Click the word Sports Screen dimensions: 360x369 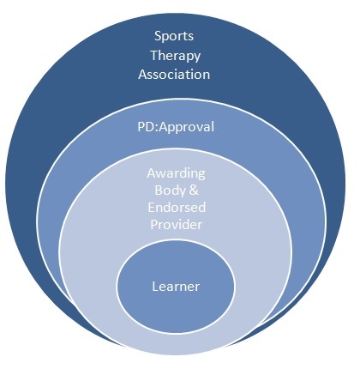[x=174, y=36]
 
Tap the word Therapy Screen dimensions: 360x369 [x=176, y=56]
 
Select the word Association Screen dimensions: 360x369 [x=174, y=75]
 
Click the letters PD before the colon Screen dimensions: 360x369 [x=145, y=127]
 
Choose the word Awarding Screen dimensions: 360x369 [x=176, y=174]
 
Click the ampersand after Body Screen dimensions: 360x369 [x=193, y=191]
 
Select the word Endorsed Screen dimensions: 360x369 [x=177, y=208]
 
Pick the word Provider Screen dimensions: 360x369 [x=177, y=224]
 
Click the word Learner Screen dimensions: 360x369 [x=176, y=287]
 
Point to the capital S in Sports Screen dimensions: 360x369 [x=158, y=36]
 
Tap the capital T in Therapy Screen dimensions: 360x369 [x=155, y=55]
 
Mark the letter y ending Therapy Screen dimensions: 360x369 [x=197, y=57]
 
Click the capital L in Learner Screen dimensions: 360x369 [x=155, y=287]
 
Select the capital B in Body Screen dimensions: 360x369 [x=159, y=191]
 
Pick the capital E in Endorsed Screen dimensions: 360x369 [x=152, y=208]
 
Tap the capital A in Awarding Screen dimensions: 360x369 [x=152, y=173]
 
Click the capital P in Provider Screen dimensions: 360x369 [x=154, y=224]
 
